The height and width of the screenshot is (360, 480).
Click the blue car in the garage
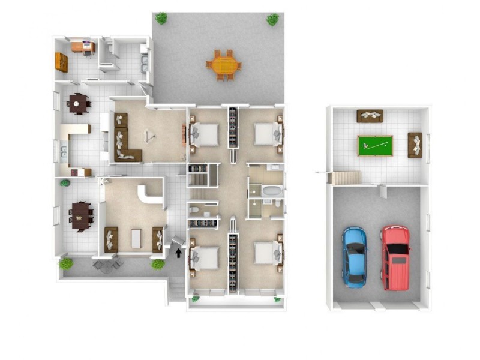(x=355, y=255)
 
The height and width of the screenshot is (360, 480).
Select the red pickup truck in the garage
(x=395, y=256)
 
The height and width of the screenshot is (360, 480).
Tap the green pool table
(x=375, y=146)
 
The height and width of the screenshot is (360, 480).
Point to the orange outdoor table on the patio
(x=223, y=64)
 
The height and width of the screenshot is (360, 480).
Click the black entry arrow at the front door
(x=178, y=253)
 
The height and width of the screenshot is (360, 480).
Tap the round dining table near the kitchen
(x=78, y=103)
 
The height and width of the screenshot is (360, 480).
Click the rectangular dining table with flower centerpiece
(x=80, y=215)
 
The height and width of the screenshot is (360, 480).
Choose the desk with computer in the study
(x=82, y=46)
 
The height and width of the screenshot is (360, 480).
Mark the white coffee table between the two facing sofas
(x=136, y=239)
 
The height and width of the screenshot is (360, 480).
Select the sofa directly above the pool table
(x=370, y=116)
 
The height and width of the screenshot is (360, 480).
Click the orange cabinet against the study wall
(x=61, y=62)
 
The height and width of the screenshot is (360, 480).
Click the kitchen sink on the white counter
(x=63, y=151)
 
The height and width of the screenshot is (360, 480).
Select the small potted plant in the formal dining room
(x=65, y=182)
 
